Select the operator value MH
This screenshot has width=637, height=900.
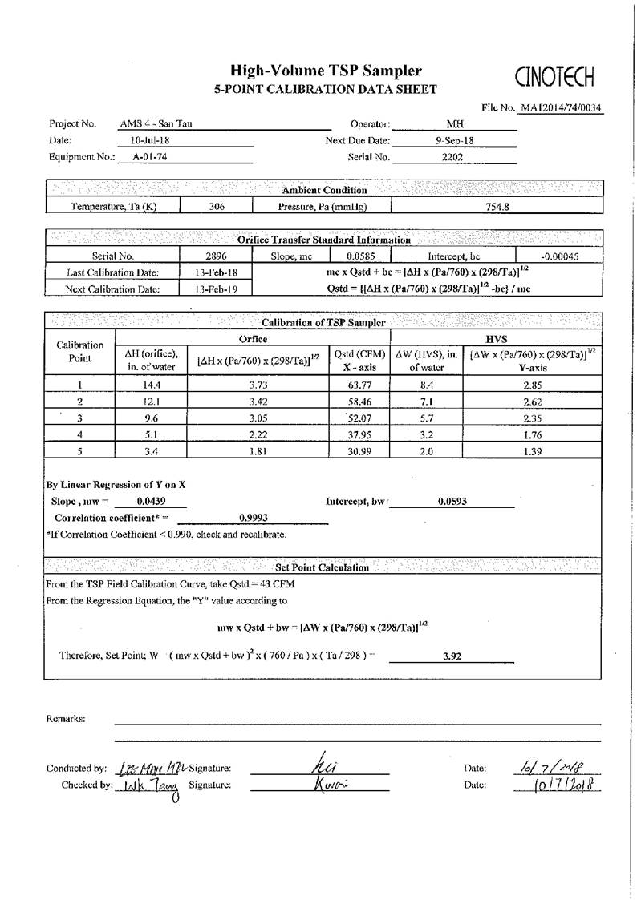(x=454, y=124)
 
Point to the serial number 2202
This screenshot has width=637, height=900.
(x=452, y=157)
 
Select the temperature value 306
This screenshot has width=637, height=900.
(x=217, y=206)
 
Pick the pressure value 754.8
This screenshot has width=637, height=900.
(x=497, y=206)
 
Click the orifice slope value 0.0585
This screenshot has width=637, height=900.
(x=361, y=256)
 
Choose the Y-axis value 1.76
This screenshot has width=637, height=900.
(x=533, y=435)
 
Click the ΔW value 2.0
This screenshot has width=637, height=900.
(x=426, y=452)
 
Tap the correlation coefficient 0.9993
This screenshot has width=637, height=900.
(x=254, y=518)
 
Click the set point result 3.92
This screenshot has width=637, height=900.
(x=452, y=656)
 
